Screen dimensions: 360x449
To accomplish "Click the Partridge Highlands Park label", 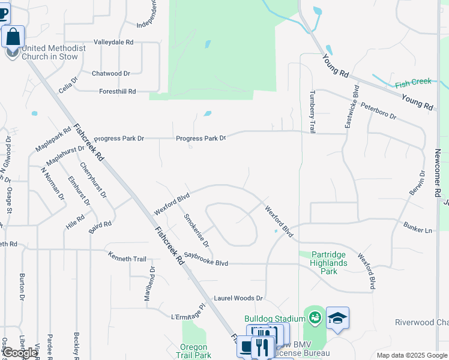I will pyautogui.click(x=328, y=263).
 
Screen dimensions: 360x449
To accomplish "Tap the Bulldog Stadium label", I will pyautogui.click(x=271, y=318).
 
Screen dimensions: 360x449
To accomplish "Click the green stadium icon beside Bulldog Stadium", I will pyautogui.click(x=314, y=317).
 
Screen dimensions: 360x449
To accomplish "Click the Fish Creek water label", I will pyautogui.click(x=413, y=82).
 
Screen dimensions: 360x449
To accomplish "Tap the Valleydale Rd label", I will pyautogui.click(x=113, y=43).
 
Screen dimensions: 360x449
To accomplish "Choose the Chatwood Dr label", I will pyautogui.click(x=110, y=73).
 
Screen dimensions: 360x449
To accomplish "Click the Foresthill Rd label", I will pyautogui.click(x=117, y=91).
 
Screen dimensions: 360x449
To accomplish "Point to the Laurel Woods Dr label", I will pyautogui.click(x=238, y=298).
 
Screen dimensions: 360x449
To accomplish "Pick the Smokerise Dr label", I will pyautogui.click(x=196, y=230).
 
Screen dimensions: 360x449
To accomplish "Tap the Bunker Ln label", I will pyautogui.click(x=418, y=230).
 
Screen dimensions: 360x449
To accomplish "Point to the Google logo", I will pyautogui.click(x=19, y=353).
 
